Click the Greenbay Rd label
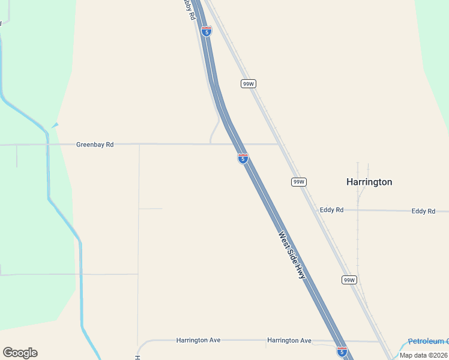(x=95, y=145)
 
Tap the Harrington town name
(x=369, y=182)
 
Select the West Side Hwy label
(x=292, y=255)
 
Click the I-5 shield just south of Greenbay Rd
(x=243, y=158)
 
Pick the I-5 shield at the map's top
(x=206, y=31)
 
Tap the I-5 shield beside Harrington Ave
(x=342, y=352)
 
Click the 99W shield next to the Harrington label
(x=299, y=182)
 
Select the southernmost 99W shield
(x=349, y=280)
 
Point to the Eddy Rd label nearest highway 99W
(x=331, y=210)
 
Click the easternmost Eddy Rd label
(x=423, y=211)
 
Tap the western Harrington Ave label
(x=198, y=340)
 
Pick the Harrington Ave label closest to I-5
(x=289, y=341)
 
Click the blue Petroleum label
(x=428, y=341)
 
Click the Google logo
(x=20, y=353)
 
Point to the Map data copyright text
(x=424, y=355)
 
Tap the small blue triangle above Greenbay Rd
(x=55, y=125)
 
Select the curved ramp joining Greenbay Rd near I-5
(x=214, y=130)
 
